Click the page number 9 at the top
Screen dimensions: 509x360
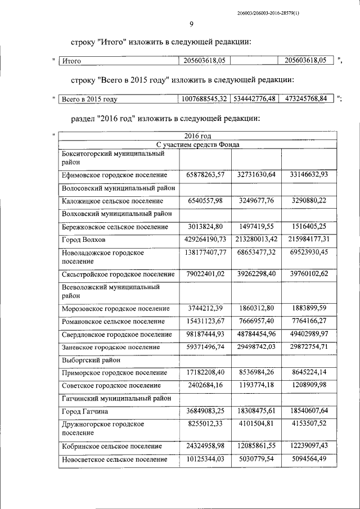(191, 24)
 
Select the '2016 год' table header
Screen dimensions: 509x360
(198, 136)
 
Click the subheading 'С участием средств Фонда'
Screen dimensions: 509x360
(198, 144)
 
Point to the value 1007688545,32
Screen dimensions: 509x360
(204, 98)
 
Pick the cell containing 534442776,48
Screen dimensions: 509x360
(256, 98)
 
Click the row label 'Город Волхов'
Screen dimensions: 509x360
(84, 240)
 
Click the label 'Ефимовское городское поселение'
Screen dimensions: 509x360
(114, 175)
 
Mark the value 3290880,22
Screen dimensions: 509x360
(309, 201)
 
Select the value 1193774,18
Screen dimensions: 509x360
(256, 385)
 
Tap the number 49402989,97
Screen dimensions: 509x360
(309, 335)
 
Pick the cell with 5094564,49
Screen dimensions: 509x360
(309, 460)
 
